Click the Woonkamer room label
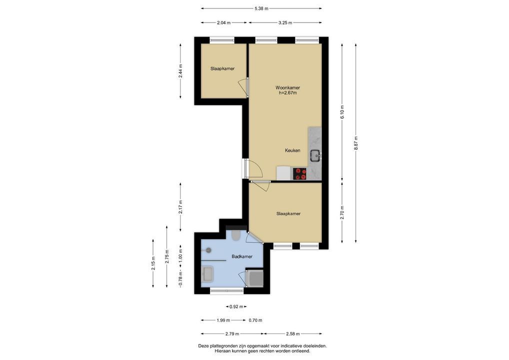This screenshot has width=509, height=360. click(x=287, y=87)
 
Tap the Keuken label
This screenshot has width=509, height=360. click(x=292, y=150)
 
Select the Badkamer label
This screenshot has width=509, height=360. click(x=242, y=256)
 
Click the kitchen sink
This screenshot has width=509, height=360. click(x=315, y=156)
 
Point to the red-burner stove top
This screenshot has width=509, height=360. click(x=299, y=173)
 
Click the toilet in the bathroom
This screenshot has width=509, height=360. click(x=236, y=235)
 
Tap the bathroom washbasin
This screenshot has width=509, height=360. click(x=207, y=273)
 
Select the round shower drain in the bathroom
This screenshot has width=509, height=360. click(x=208, y=250)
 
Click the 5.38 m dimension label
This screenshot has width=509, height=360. click(x=261, y=8)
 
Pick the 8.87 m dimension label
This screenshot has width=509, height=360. click(x=356, y=143)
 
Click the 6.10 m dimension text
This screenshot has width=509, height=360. click(x=342, y=111)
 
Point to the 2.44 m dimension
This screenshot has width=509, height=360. click(x=180, y=70)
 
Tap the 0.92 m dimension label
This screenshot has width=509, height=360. click(x=236, y=306)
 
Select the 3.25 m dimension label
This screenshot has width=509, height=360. click(x=285, y=22)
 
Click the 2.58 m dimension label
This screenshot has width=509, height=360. click(x=292, y=333)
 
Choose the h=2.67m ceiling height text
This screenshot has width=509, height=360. click(x=287, y=93)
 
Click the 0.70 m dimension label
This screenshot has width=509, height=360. click(x=255, y=320)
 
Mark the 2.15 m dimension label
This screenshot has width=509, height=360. click(x=153, y=263)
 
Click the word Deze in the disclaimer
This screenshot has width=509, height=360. click(x=203, y=346)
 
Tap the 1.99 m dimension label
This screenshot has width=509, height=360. click(x=223, y=320)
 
